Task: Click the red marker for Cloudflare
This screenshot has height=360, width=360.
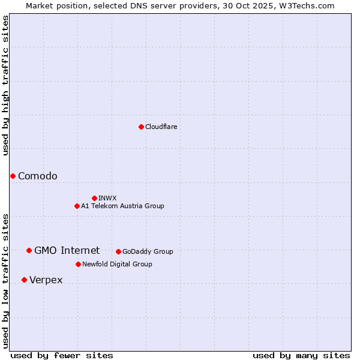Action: pyautogui.click(x=141, y=127)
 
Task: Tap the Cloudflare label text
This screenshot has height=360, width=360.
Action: pyautogui.click(x=161, y=127)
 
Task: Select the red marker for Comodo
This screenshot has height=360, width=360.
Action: pyautogui.click(x=13, y=176)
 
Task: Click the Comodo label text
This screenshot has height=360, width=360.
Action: pyautogui.click(x=38, y=176)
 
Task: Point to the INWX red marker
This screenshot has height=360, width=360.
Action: pyautogui.click(x=94, y=198)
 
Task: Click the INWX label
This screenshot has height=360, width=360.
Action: pyautogui.click(x=107, y=198)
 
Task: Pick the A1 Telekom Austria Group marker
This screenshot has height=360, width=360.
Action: pyautogui.click(x=77, y=206)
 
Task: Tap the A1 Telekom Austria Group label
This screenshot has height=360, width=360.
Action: pyautogui.click(x=122, y=206)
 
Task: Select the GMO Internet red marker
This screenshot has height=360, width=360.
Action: pyautogui.click(x=29, y=250)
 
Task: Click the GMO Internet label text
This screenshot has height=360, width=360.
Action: pyautogui.click(x=67, y=250)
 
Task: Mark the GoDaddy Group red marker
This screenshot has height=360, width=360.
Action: pyautogui.click(x=118, y=251)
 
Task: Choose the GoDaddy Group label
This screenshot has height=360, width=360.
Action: pyautogui.click(x=148, y=251)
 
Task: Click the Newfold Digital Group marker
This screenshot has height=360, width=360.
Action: pyautogui.click(x=78, y=264)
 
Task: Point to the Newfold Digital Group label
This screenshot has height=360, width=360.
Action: pyautogui.click(x=117, y=264)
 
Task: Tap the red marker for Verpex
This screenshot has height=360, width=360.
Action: pyautogui.click(x=24, y=280)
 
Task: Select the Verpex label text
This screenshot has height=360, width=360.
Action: pyautogui.click(x=46, y=280)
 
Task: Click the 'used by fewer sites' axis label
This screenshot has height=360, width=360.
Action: pyautogui.click(x=62, y=355)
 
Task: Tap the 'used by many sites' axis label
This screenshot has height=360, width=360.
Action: pyautogui.click(x=301, y=355)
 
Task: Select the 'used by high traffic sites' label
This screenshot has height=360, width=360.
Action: pyautogui.click(x=5, y=85)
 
